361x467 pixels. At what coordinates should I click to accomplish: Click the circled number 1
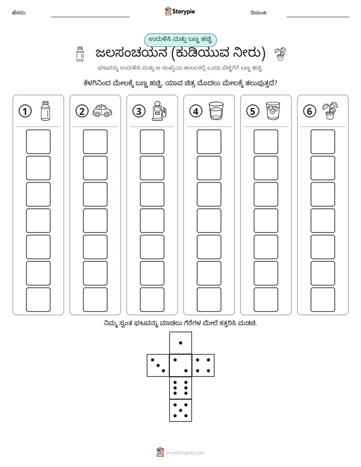coord(25,111)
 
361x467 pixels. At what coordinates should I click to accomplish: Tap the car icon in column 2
coord(102,111)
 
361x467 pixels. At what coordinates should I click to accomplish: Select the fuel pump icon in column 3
coord(159,111)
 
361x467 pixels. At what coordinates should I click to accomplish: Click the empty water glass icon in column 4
coord(216,111)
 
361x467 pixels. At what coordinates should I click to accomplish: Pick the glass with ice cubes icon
coord(273,111)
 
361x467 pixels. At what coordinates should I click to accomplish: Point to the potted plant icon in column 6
coord(330,111)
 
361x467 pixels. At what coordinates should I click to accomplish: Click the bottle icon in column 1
coord(46,111)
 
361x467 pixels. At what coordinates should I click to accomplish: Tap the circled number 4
coord(196,111)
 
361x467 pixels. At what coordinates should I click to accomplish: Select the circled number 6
coord(309,111)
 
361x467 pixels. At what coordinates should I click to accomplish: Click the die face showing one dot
coord(180,343)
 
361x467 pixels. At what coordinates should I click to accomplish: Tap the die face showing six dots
coord(180,388)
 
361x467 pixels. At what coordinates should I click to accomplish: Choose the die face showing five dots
coord(180,410)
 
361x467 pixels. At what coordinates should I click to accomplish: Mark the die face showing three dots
coord(158,365)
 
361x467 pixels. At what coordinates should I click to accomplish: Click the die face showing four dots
coord(203,365)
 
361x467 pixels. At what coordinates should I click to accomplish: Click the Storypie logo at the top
coord(179,12)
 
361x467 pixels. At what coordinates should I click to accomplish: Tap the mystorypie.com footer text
coord(185,453)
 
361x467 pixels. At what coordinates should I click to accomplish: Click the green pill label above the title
coord(180,40)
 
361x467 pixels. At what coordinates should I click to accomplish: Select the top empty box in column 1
coord(38,142)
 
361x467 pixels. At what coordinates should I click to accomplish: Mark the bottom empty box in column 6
coord(323,300)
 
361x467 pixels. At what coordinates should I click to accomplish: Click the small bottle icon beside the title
coord(80,54)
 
